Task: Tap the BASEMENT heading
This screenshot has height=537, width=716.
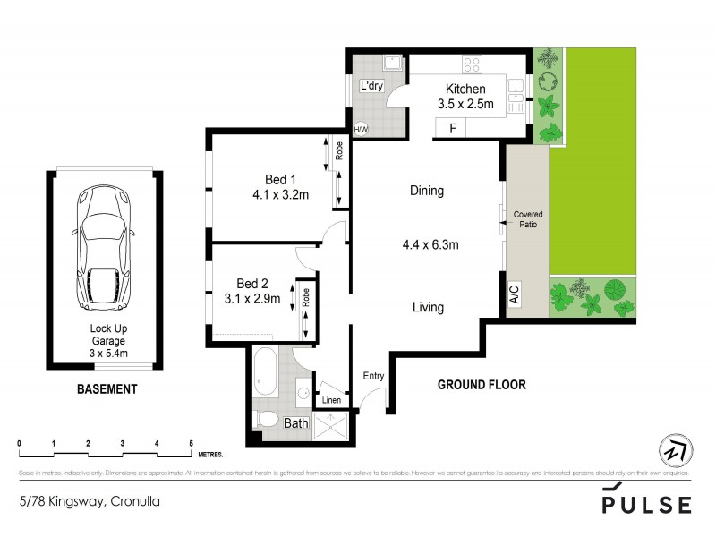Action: pos(107,389)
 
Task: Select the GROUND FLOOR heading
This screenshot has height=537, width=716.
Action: pos(481,385)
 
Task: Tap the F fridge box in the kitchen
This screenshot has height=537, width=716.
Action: pos(454,129)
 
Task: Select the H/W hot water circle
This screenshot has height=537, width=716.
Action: pos(362,129)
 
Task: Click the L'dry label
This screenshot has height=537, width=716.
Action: pos(371,87)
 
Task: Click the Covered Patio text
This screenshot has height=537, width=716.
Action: pos(527,219)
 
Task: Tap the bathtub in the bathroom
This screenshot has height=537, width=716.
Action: pos(265,373)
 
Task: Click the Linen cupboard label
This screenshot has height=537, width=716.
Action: pos(330,400)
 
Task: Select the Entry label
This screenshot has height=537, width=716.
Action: pos(373,376)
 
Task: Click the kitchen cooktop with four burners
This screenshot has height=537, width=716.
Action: pos(473,64)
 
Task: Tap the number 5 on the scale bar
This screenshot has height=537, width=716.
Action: pos(191,443)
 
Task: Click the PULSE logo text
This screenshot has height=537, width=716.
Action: pos(646,505)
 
